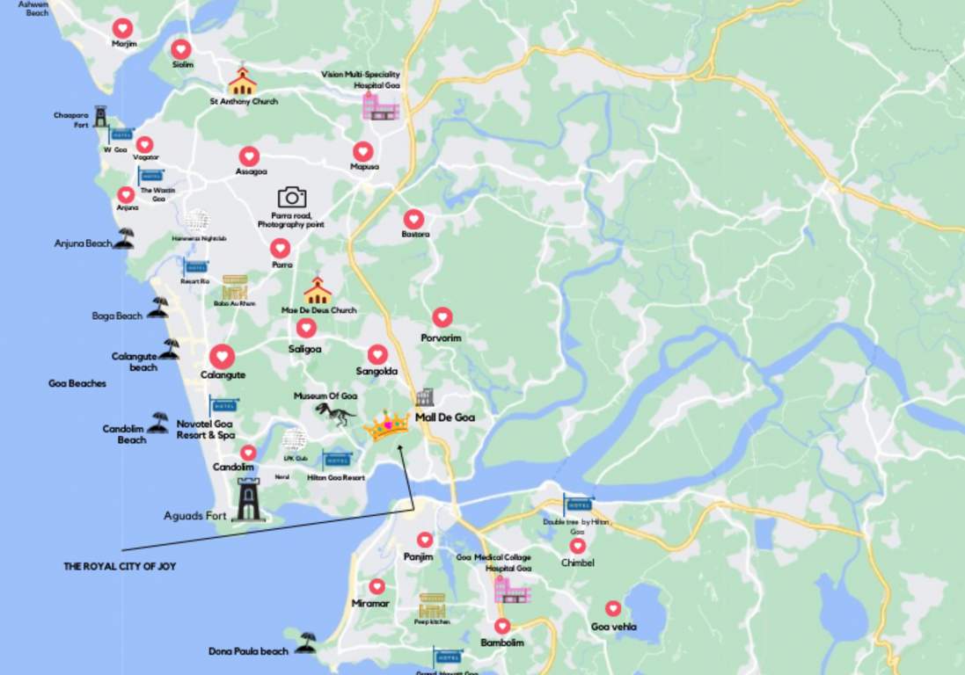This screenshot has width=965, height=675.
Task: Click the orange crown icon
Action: tap(386, 425)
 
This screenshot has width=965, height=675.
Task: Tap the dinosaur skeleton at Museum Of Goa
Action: tap(336, 414)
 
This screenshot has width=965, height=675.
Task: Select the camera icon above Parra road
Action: tap(292, 197)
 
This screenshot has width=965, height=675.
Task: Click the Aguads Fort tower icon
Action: tap(248, 500)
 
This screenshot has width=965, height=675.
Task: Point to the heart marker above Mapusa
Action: tap(363, 152)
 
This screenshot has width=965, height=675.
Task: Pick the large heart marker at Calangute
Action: tap(223, 356)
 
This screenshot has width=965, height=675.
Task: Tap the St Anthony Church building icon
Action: tap(242, 82)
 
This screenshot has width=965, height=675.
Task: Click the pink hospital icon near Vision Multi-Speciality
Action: tap(381, 106)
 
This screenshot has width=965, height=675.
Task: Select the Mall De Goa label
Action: tap(444, 417)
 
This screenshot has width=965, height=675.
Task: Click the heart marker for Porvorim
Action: tap(442, 317)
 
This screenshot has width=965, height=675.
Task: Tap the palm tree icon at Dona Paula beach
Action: tap(305, 642)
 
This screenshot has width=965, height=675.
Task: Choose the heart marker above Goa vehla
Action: tap(613, 608)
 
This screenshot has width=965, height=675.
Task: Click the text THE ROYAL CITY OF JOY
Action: tap(120, 567)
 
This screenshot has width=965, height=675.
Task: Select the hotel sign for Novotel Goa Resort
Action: tap(223, 406)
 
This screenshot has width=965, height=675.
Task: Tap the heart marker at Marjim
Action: tap(123, 28)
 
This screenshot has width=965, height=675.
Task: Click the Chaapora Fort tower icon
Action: tap(100, 117)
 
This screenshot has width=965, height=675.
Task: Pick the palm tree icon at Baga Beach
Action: tap(157, 307)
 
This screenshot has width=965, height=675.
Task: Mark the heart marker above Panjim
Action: tap(425, 540)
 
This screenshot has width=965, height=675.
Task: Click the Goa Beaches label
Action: tap(77, 384)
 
